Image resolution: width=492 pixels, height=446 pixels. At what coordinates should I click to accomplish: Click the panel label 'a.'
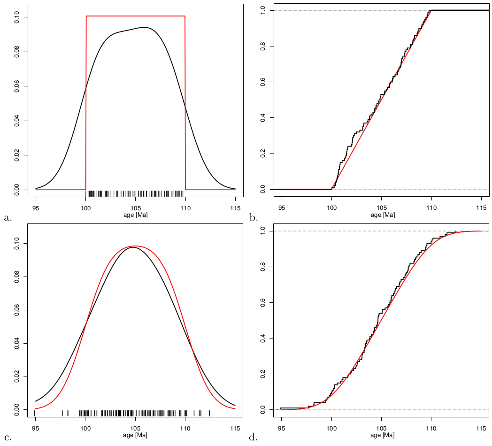(7, 217)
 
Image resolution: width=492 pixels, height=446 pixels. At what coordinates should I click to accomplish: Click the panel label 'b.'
(254, 217)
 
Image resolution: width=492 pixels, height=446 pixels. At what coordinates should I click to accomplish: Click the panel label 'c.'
(7, 438)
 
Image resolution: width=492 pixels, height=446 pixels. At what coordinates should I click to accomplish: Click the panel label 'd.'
(254, 438)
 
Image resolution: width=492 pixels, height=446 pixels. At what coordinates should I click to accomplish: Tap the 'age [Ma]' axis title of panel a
(136, 215)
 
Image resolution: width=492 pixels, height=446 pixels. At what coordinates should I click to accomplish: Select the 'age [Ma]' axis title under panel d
(383, 436)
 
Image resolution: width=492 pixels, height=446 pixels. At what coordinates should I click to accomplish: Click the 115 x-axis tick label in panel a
(235, 208)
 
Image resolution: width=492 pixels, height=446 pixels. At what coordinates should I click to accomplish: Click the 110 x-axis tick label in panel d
(431, 429)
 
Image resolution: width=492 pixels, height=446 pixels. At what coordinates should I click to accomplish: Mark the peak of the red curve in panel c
(135, 246)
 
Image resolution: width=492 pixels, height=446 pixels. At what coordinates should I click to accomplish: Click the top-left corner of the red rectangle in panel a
(86, 16)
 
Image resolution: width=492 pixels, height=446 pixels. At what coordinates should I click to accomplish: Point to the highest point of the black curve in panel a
(145, 27)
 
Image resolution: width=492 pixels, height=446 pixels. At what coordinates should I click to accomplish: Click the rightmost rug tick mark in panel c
(209, 413)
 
